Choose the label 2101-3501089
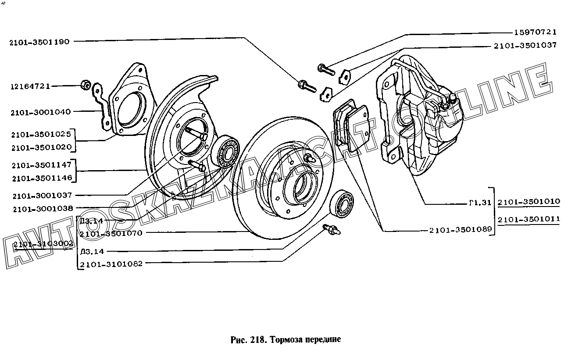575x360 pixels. (461, 229)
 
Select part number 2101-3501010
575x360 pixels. (529, 202)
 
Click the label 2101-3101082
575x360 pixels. (111, 264)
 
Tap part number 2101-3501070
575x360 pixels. (111, 233)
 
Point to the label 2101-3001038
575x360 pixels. (43, 208)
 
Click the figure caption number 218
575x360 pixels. (257, 339)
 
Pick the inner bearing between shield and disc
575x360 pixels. (225, 152)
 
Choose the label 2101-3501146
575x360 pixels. (41, 178)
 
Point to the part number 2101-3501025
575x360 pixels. (41, 134)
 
